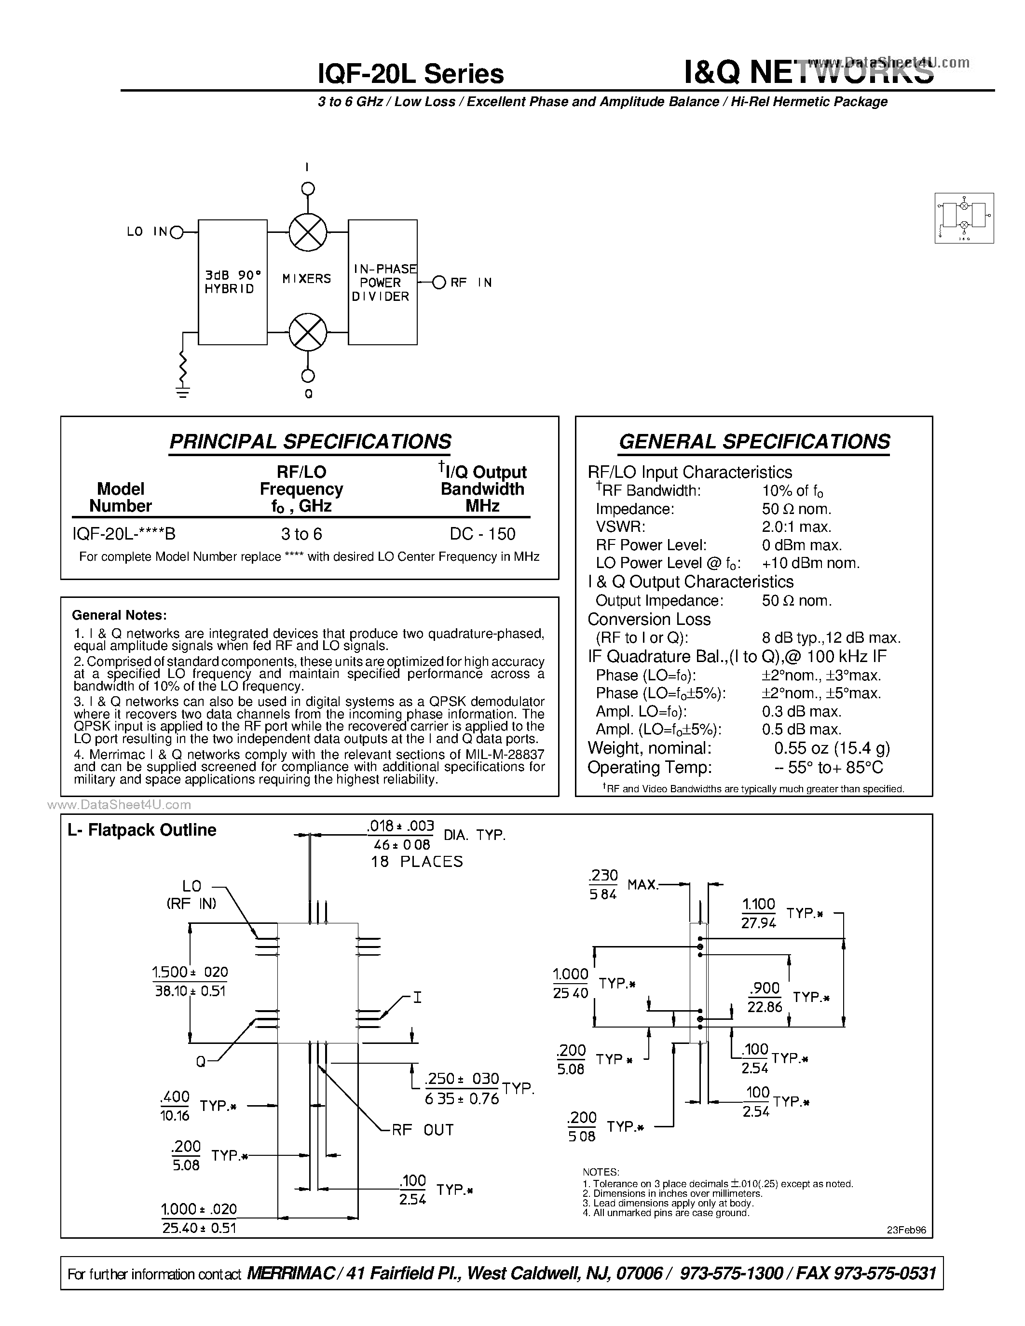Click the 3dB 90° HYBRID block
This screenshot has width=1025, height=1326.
[x=232, y=283]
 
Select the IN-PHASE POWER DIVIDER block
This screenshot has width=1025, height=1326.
[x=383, y=283]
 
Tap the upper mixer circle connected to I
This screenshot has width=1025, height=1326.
[x=308, y=232]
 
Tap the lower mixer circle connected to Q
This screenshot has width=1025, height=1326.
[x=308, y=332]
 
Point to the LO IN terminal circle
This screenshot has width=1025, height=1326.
[x=177, y=232]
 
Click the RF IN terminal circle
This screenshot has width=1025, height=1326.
[x=439, y=283]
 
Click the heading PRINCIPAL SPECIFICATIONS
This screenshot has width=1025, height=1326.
[x=310, y=441]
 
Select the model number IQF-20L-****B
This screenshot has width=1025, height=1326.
[x=124, y=534]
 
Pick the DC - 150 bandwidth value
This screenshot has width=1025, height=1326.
[x=482, y=534]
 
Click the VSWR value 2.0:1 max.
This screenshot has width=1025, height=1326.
[x=797, y=527]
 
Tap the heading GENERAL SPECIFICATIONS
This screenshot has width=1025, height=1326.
[x=754, y=441]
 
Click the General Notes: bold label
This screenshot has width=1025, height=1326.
[x=119, y=615]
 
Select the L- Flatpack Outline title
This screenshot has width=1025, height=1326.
[x=142, y=830]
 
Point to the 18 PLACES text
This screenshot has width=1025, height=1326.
[x=417, y=862]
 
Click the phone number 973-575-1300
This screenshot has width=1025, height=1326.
[x=731, y=1273]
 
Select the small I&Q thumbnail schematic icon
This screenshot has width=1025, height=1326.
[x=964, y=218]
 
